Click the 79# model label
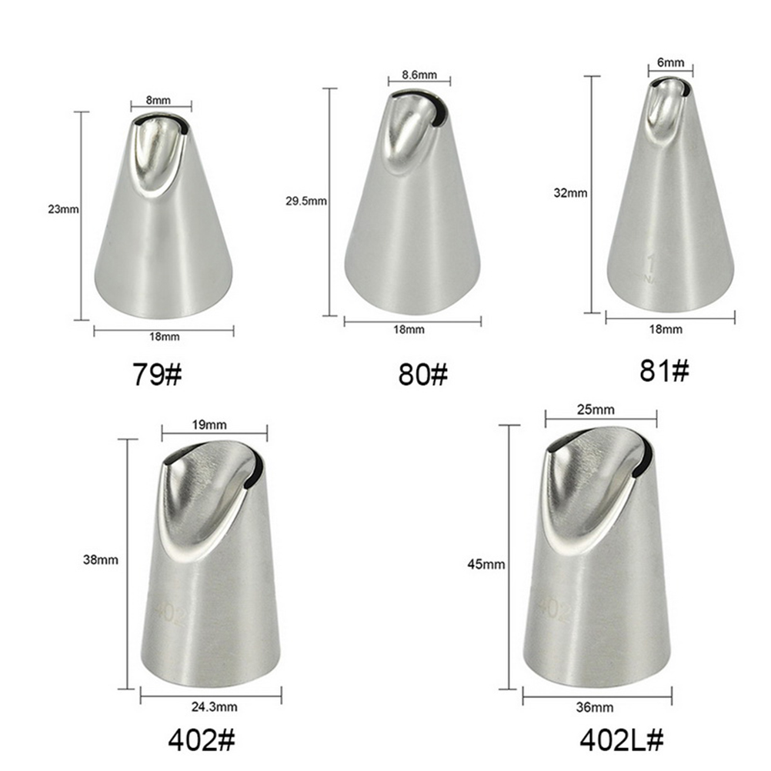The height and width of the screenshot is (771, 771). coord(157,375)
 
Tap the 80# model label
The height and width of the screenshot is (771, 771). coord(423,375)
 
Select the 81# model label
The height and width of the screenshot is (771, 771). coord(664,371)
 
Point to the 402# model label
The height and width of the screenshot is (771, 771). coord(202,739)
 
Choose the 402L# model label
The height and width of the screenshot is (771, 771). coord(622,739)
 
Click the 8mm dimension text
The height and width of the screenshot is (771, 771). coord(159,100)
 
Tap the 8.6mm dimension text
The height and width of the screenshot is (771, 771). coord(419,75)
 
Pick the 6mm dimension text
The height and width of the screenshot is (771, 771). coord(670,62)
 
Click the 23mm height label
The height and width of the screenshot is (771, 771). coord(63,209)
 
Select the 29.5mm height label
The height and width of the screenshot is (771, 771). coord(305,201)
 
